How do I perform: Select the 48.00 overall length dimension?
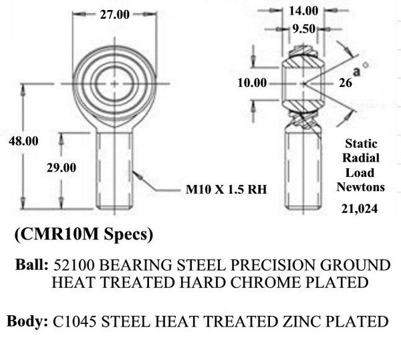click(x=23, y=142)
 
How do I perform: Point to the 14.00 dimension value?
click(x=304, y=10)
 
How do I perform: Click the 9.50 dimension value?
click(x=304, y=28)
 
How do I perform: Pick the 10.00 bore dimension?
click(x=252, y=83)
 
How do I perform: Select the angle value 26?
click(x=346, y=83)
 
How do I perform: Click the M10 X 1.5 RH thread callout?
click(x=226, y=190)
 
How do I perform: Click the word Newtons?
click(x=361, y=188)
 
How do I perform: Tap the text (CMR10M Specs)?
click(x=84, y=235)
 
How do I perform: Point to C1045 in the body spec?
click(x=72, y=321)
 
